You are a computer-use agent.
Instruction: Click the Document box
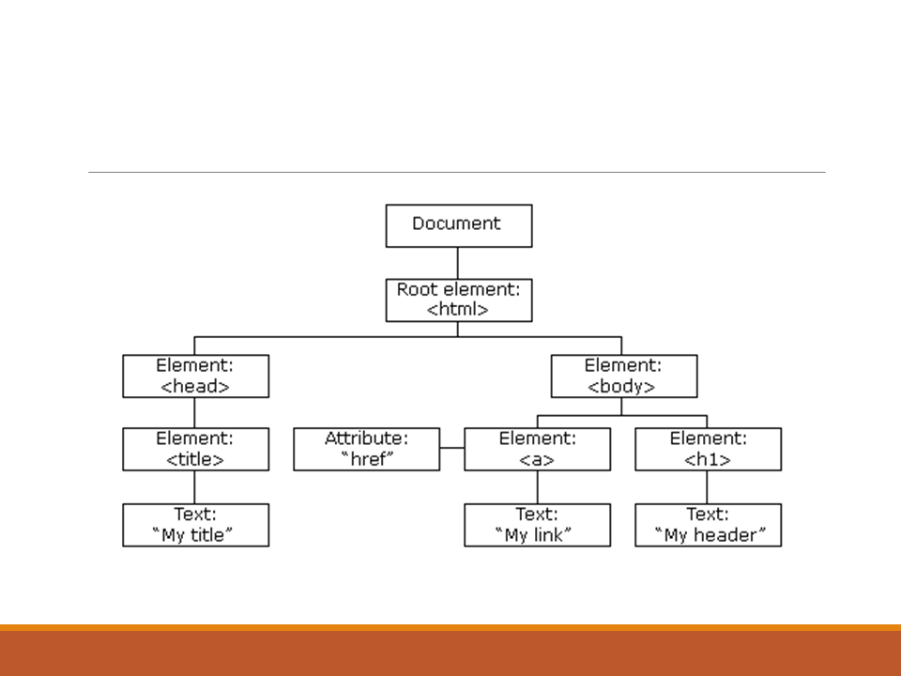(458, 225)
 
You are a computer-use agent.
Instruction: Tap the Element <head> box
(195, 376)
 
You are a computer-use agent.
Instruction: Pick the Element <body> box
(623, 376)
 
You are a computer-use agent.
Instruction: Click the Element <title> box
(195, 449)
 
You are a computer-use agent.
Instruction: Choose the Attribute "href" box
(366, 449)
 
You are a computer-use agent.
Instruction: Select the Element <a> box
(537, 449)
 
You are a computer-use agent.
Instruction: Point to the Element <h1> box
(708, 449)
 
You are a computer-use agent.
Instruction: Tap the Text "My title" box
(195, 525)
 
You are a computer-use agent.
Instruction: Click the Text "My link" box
(537, 525)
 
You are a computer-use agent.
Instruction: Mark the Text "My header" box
(708, 525)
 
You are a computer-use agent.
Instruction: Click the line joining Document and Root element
(458, 263)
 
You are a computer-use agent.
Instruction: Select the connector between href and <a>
(451, 449)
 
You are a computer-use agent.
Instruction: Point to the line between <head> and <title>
(195, 412)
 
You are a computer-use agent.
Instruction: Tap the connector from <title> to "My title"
(195, 486)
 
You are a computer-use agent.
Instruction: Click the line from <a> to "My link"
(537, 486)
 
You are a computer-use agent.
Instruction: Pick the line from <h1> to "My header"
(708, 486)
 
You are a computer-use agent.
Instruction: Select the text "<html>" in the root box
(458, 310)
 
